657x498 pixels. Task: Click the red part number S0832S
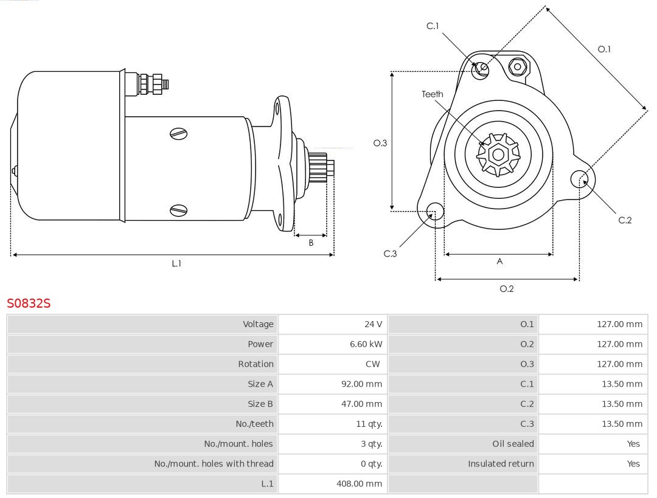(x=29, y=303)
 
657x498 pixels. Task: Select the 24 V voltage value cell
(x=373, y=324)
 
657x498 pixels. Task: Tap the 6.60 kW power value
(x=366, y=344)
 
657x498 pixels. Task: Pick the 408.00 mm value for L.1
(x=359, y=484)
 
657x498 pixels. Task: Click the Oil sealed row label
(x=513, y=444)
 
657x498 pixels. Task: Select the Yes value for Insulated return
(x=633, y=464)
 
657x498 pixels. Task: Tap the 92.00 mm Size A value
(x=361, y=384)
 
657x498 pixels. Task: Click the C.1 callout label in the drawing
(x=433, y=26)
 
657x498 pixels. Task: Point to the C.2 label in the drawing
(x=625, y=220)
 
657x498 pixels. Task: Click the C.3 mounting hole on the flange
(x=435, y=212)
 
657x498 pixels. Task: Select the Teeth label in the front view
(x=433, y=94)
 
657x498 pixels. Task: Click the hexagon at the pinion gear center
(x=498, y=155)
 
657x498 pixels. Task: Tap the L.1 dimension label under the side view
(x=176, y=264)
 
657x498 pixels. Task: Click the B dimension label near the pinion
(x=311, y=243)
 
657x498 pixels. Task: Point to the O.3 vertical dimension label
(x=380, y=144)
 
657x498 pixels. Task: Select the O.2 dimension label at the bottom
(x=507, y=289)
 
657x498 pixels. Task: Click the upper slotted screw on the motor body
(x=178, y=134)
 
